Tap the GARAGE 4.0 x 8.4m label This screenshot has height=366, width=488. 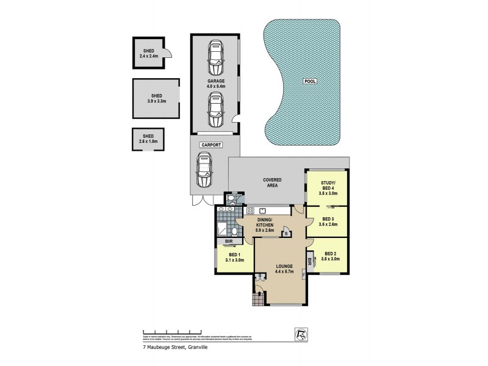click(216, 84)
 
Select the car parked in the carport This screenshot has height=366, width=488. click(203, 170)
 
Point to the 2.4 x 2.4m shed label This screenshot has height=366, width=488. click(149, 54)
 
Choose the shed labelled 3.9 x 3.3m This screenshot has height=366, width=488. click(156, 98)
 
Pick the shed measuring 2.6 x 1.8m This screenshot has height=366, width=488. click(149, 139)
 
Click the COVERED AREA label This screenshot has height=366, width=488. click(271, 182)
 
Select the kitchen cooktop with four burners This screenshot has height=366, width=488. click(250, 211)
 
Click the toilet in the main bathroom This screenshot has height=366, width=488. click(234, 231)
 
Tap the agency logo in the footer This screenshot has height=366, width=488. click(301, 334)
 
